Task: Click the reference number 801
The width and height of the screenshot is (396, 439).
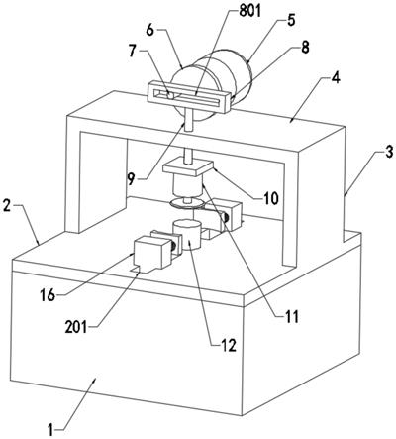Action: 249,12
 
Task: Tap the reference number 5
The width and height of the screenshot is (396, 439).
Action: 290,20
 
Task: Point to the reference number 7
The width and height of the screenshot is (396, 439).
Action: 133,52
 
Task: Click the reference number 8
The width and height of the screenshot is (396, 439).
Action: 304,48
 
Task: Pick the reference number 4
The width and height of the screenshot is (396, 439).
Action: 335,79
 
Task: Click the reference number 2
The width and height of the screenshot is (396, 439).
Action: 7,207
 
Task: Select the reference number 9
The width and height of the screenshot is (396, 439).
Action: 131,179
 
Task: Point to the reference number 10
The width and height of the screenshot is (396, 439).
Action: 270,198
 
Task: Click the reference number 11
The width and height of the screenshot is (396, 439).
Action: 291,316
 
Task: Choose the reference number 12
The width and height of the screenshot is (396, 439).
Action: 229,345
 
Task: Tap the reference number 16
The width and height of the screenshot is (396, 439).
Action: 48,295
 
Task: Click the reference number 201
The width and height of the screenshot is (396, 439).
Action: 76,327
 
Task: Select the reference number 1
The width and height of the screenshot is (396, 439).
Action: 50,430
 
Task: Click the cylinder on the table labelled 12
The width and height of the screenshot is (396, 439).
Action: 187,235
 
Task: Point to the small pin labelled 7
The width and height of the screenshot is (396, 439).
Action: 170,96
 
